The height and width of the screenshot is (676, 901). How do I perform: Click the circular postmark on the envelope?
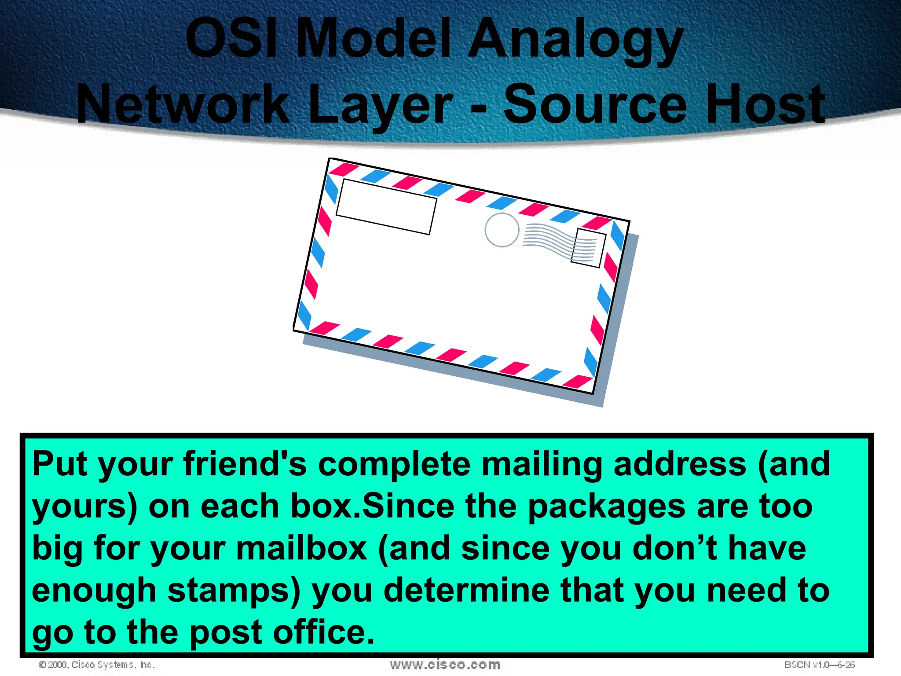pyautogui.click(x=502, y=230)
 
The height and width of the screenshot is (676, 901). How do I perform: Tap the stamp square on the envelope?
pyautogui.click(x=588, y=248)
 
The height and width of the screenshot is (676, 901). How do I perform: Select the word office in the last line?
pyautogui.click(x=324, y=632)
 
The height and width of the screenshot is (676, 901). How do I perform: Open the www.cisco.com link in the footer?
pyautogui.click(x=445, y=665)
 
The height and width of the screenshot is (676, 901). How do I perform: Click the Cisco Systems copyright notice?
pyautogui.click(x=97, y=665)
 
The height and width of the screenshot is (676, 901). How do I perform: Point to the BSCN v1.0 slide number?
pyautogui.click(x=819, y=665)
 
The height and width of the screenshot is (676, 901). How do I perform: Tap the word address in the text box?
pyautogui.click(x=680, y=464)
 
